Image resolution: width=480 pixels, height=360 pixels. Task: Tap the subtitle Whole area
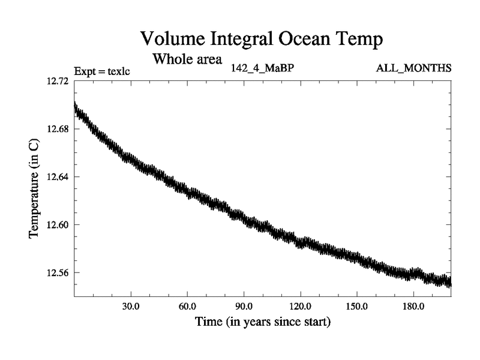point(187,59)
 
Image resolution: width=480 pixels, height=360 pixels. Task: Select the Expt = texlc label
point(102,72)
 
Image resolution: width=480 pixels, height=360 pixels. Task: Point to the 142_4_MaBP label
point(262,68)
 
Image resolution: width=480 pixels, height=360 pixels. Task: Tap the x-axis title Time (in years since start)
point(262,322)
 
